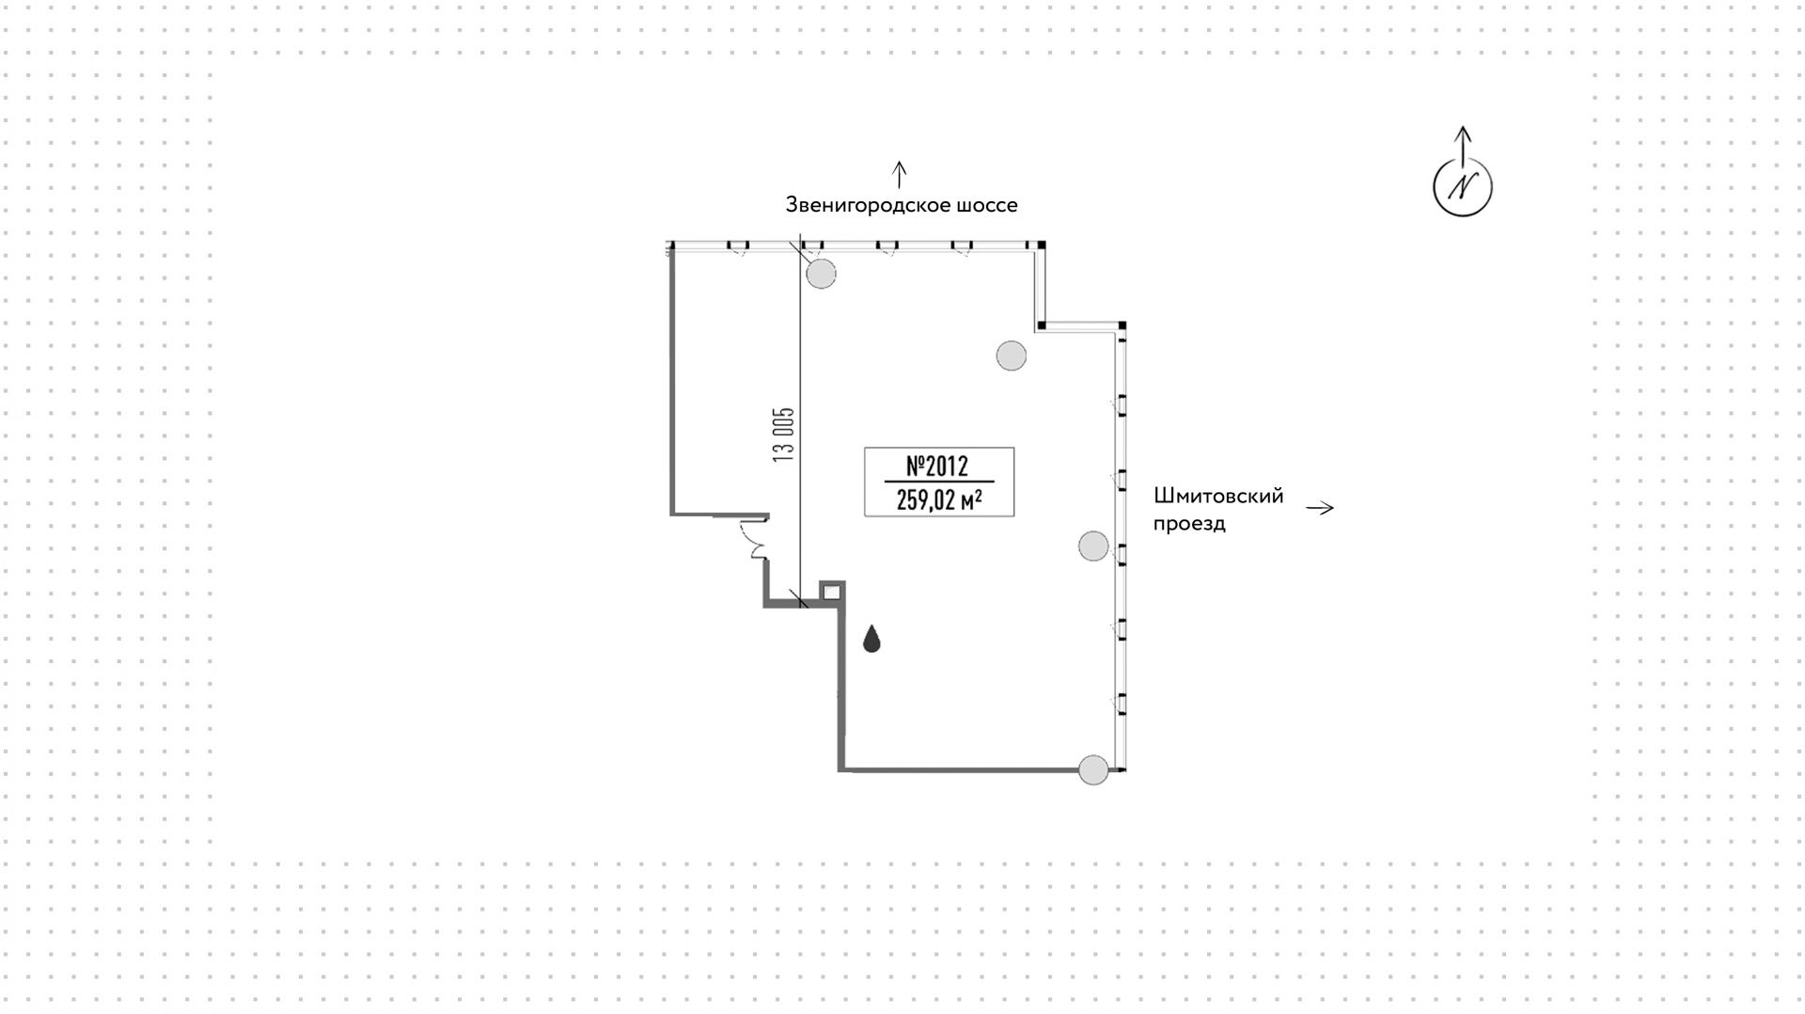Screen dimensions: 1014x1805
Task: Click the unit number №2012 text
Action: [x=937, y=466]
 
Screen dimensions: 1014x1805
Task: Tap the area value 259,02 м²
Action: [x=939, y=499]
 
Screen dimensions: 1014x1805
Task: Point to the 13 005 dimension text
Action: [x=784, y=433]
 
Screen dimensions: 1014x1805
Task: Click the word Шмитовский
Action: [x=1218, y=496]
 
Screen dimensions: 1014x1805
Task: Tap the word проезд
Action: [x=1189, y=524]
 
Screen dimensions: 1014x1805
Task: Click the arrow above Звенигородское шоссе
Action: [x=900, y=174]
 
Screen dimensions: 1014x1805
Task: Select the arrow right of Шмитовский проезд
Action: [x=1320, y=509]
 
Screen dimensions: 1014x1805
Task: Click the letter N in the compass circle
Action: [x=1462, y=187]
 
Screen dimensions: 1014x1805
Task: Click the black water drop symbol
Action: [x=872, y=640]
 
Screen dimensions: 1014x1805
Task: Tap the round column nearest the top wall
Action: [x=821, y=274]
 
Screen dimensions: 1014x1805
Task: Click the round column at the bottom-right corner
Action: [x=1092, y=769]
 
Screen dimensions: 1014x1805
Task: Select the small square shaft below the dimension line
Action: [x=831, y=592]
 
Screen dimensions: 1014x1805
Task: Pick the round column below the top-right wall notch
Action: [x=1011, y=356]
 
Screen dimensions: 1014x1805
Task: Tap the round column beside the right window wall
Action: [x=1092, y=546]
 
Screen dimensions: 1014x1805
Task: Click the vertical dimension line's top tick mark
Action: [x=800, y=248]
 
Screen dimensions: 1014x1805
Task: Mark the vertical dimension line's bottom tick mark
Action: [x=800, y=599]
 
